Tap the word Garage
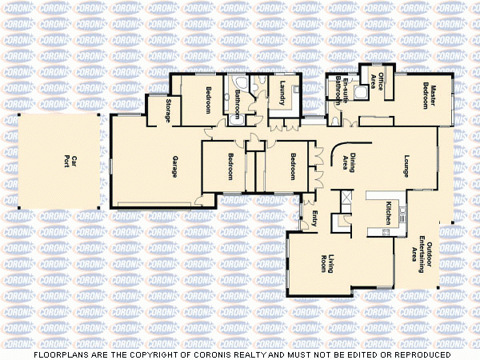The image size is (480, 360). point(174,166)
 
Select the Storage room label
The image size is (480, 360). point(169,110)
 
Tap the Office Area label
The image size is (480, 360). point(382,83)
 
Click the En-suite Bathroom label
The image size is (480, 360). point(342,90)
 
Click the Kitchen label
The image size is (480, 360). point(388,212)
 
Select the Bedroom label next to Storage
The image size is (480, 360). point(209,98)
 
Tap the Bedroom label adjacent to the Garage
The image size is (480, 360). point(230,165)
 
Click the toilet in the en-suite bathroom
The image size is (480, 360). point(335,119)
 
